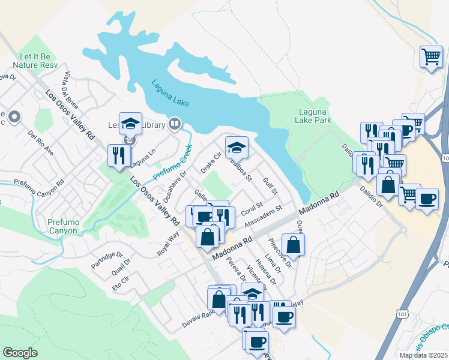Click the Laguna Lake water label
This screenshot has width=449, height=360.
[170, 94]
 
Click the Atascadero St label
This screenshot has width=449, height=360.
[264, 217]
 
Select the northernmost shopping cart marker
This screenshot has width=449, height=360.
[431, 57]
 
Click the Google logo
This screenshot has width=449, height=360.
[20, 353]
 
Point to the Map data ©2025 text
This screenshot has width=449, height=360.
[423, 355]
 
